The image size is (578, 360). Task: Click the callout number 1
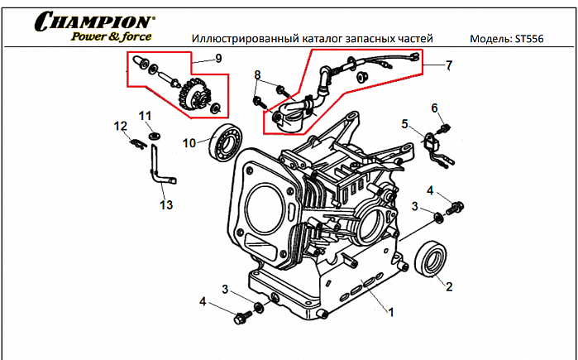[x=391, y=312]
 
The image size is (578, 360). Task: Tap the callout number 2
[x=449, y=287]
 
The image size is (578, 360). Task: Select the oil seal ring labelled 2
[x=432, y=257]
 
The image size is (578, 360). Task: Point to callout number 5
[x=405, y=124]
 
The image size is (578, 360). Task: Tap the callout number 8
[x=258, y=75]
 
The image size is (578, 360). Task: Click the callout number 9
[x=218, y=58]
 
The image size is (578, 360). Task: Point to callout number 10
[x=189, y=142]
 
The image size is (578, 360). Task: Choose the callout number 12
[x=120, y=126]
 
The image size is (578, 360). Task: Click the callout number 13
[x=166, y=204]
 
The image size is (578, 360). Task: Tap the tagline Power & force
[x=109, y=36]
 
